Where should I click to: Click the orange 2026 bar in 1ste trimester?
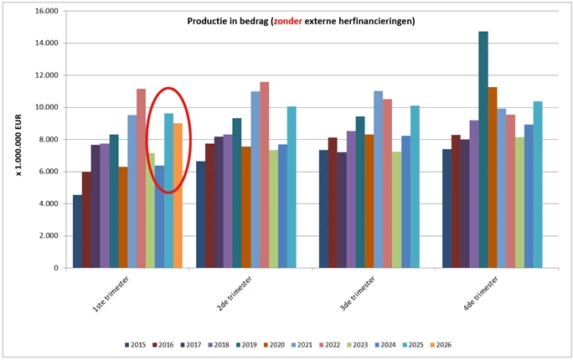[178, 196]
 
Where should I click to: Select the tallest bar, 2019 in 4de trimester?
[483, 151]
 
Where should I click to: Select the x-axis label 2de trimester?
[234, 294]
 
